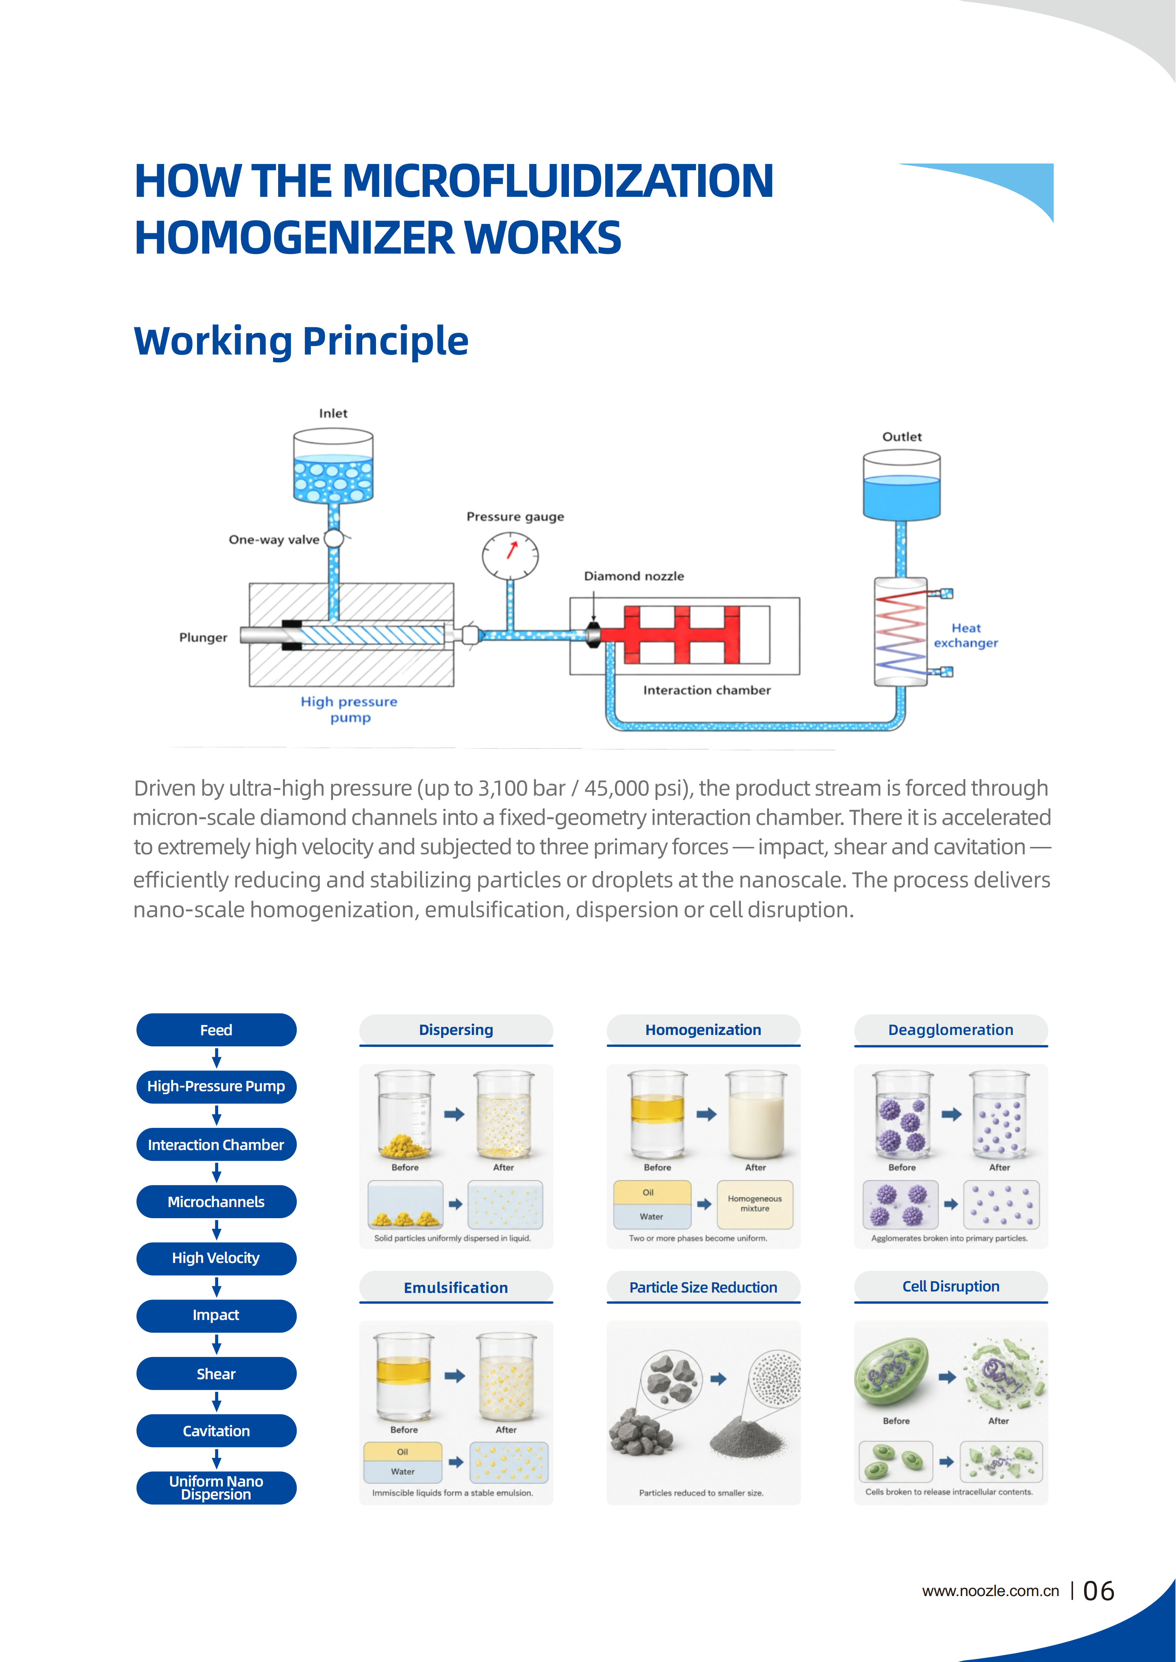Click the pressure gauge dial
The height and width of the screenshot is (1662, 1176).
tap(510, 556)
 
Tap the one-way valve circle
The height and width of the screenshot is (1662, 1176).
tap(334, 539)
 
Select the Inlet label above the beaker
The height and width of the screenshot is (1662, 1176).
tap(333, 413)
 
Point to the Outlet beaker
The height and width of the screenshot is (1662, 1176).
tap(902, 485)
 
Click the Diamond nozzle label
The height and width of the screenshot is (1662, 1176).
tap(634, 576)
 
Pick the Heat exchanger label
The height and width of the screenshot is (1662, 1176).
tap(966, 636)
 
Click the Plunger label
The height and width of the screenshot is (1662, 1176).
tap(203, 638)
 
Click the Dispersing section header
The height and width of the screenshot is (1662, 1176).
tap(456, 1030)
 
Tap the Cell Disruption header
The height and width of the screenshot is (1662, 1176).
tap(951, 1286)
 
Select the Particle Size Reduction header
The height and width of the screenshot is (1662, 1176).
tap(703, 1287)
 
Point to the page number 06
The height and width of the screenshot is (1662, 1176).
tap(1099, 1591)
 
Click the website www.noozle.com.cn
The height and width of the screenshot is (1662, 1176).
tap(991, 1591)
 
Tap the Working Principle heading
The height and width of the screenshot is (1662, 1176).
tap(301, 341)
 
